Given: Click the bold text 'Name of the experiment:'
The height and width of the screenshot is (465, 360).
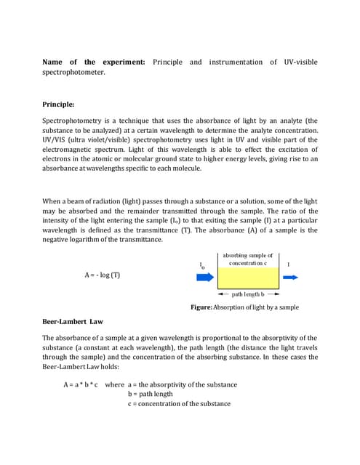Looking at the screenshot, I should point(95,62).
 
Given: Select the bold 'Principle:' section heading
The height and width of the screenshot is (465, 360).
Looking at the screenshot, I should point(58,105).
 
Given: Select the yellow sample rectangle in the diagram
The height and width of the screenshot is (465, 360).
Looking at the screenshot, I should point(247,278).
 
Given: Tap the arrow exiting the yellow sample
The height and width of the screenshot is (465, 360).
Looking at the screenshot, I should point(292,278).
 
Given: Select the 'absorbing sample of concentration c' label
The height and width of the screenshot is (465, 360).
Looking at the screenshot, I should point(248,259).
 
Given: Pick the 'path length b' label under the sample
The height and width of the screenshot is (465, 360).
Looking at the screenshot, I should point(248,295).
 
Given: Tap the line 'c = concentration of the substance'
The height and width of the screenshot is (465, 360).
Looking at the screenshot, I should point(178,404).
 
